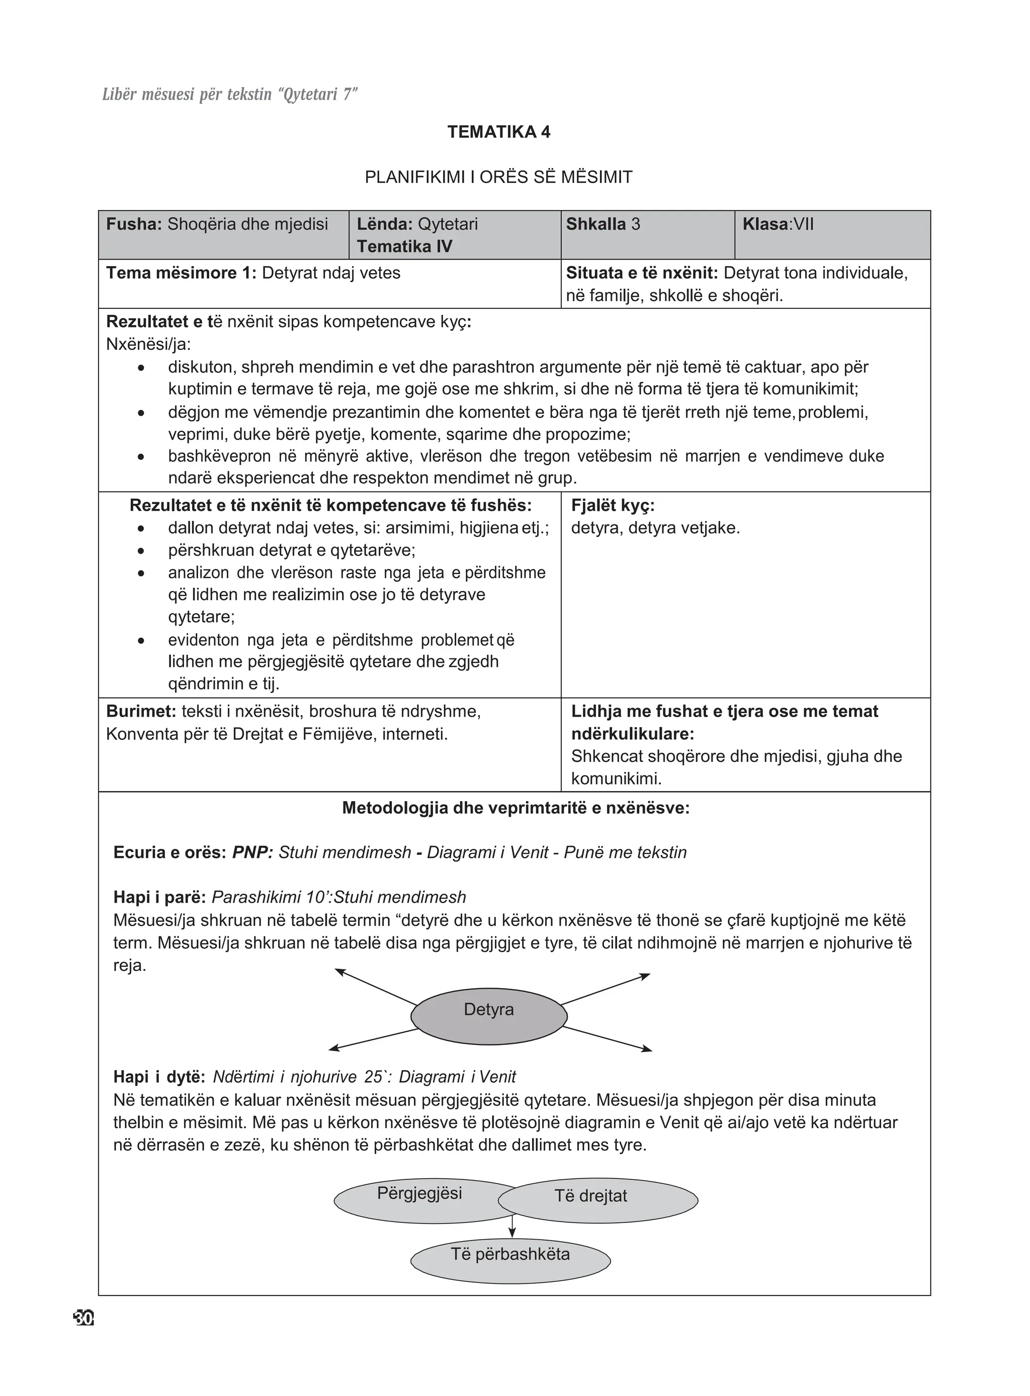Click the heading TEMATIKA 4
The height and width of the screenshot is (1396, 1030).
[x=499, y=132]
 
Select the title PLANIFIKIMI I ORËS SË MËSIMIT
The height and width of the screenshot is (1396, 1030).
[x=498, y=177]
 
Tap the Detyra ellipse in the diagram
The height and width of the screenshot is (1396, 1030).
[x=489, y=1016]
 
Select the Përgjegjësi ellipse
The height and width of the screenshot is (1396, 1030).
[x=419, y=1201]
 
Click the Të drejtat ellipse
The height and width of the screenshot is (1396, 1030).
[x=597, y=1201]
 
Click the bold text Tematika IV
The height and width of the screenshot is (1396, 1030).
[x=405, y=246]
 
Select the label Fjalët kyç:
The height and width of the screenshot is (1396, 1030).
[x=612, y=506]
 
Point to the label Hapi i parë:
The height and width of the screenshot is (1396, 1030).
[x=159, y=897]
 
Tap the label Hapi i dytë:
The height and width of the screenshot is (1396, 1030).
[x=159, y=1077]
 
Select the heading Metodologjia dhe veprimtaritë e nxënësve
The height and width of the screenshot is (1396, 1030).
[x=516, y=809]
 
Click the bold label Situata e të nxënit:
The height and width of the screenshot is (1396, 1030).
[x=642, y=273]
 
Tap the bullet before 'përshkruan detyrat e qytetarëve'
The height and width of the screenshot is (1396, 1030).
[x=141, y=551]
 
